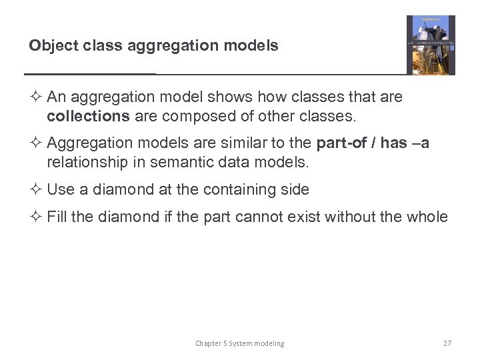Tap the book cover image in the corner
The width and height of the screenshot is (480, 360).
pos(431,45)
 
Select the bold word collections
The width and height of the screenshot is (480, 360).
pos(88,117)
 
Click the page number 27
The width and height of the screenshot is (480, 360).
pos(447,343)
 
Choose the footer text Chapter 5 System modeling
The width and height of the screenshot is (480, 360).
pos(239,343)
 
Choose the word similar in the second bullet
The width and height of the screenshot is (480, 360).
pos(251,143)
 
